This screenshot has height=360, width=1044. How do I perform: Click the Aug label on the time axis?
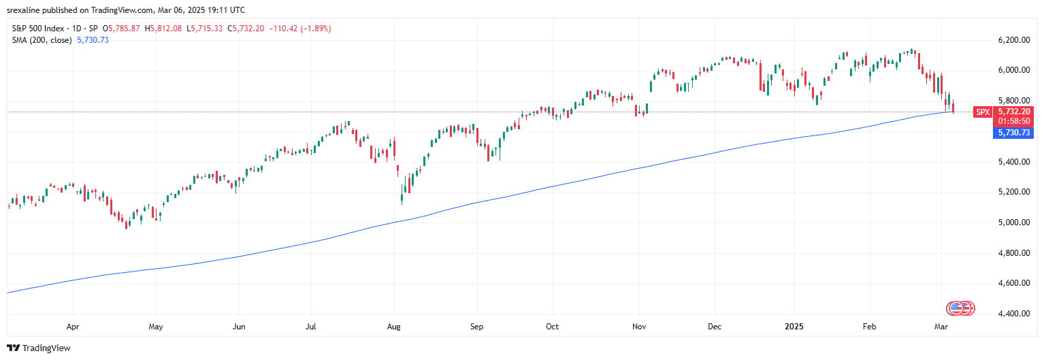(394, 327)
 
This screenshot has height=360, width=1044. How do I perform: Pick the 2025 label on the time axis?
(794, 327)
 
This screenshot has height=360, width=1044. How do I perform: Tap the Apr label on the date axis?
(73, 327)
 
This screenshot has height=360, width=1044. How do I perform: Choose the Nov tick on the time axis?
(638, 327)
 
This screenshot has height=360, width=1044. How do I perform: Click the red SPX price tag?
(982, 112)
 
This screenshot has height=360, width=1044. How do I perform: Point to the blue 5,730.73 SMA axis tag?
(1014, 133)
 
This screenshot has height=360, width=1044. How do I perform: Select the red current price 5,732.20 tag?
(1014, 112)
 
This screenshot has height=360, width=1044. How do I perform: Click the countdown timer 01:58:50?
(1014, 121)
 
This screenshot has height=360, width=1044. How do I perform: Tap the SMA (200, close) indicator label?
(44, 40)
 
